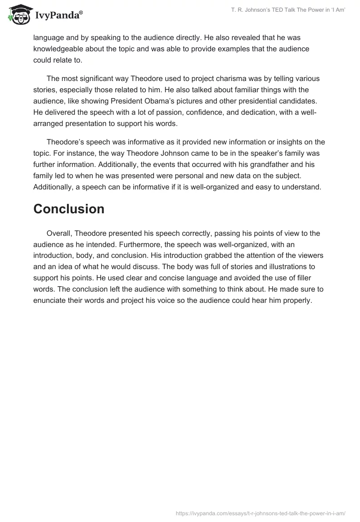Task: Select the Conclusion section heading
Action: pos(69,209)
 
